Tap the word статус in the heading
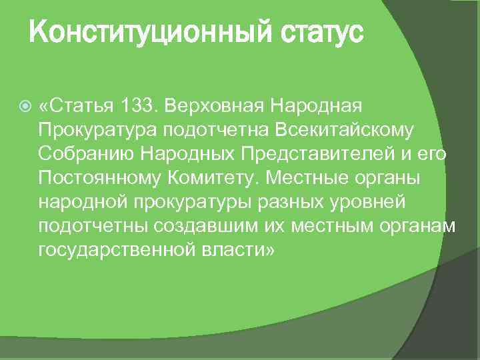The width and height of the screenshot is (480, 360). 312,31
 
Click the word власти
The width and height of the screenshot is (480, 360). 231,250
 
